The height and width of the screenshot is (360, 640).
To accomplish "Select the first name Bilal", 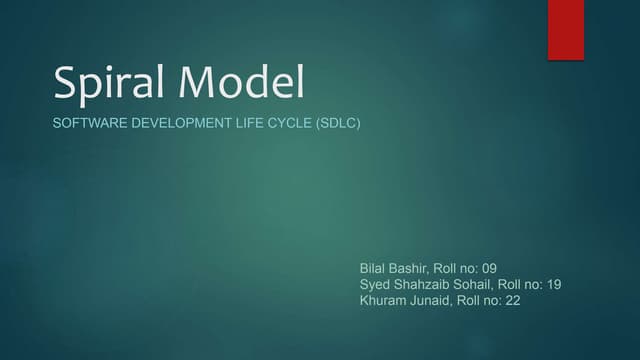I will coord(374,269).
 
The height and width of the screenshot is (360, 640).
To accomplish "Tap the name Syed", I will coord(376,284).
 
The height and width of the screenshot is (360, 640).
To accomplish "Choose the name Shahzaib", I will coord(428,284).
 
